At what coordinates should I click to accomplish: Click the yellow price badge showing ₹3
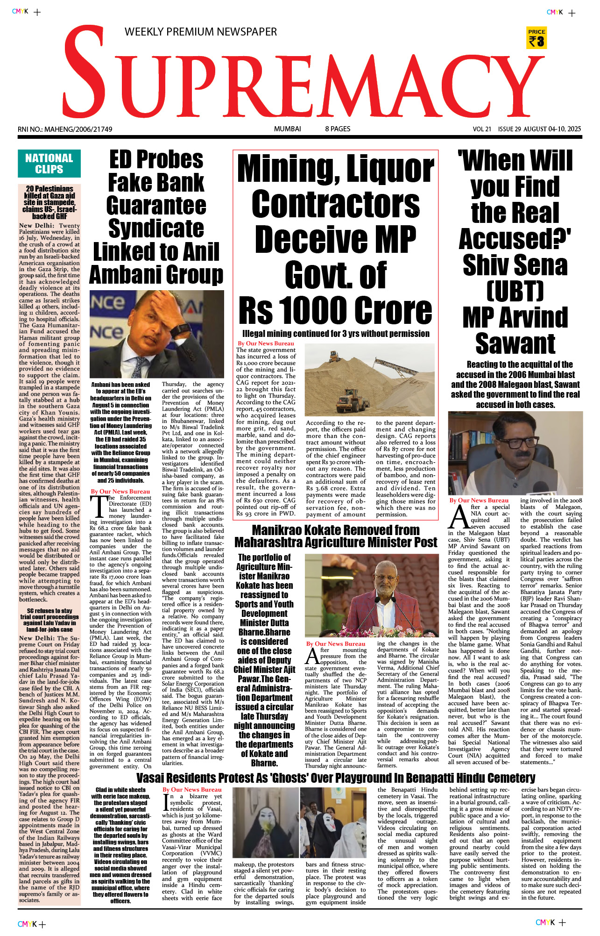point(536,38)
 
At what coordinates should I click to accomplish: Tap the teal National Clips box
point(49,164)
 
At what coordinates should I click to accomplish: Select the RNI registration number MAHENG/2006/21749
point(65,129)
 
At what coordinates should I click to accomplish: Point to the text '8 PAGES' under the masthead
point(338,129)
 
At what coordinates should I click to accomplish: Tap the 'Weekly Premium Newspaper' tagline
point(200,32)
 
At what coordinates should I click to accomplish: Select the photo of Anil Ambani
point(156,334)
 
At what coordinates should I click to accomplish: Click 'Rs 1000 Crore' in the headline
point(335,310)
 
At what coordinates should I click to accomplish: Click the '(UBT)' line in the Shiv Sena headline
point(515,291)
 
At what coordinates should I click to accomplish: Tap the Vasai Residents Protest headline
point(335,778)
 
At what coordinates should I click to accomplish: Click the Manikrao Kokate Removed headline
point(335,536)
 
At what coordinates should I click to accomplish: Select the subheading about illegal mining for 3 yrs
point(335,334)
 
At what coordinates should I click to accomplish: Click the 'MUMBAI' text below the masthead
point(287,129)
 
